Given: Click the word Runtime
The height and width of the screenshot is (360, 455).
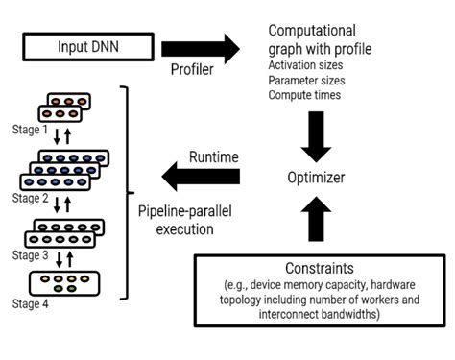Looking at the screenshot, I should click(213, 156).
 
